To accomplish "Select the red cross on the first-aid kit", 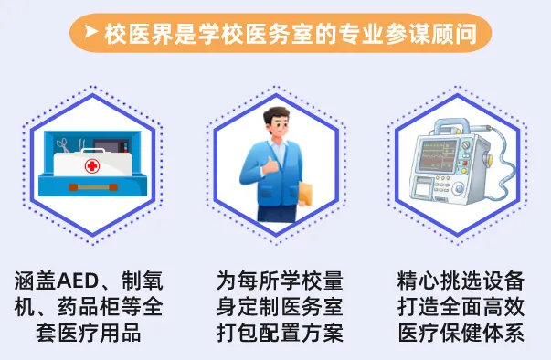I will click(92, 166).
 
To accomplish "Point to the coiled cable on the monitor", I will click(494, 173).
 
